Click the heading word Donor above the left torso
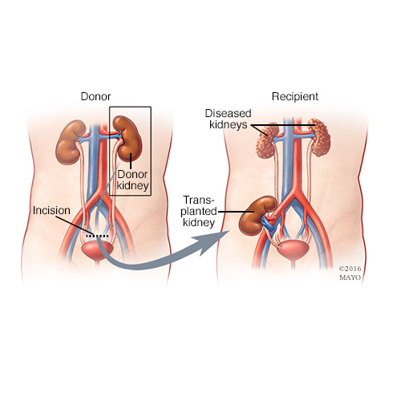pyautogui.click(x=95, y=96)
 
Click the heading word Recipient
pyautogui.click(x=295, y=96)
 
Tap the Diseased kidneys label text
pyautogui.click(x=228, y=119)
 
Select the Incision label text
pyautogui.click(x=51, y=210)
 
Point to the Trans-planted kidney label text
pyautogui.click(x=199, y=211)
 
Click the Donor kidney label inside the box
pyautogui.click(x=132, y=180)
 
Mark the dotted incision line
pyautogui.click(x=97, y=236)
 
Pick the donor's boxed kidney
pyautogui.click(x=128, y=138)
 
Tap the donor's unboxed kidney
pyautogui.click(x=70, y=142)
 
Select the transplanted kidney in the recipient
pyautogui.click(x=255, y=215)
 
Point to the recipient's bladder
pyautogui.click(x=294, y=249)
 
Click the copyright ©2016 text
pyautogui.click(x=350, y=269)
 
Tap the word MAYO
pyautogui.click(x=350, y=277)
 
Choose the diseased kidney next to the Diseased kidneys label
pyautogui.click(x=267, y=140)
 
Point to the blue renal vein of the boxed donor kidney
pyautogui.click(x=118, y=136)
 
